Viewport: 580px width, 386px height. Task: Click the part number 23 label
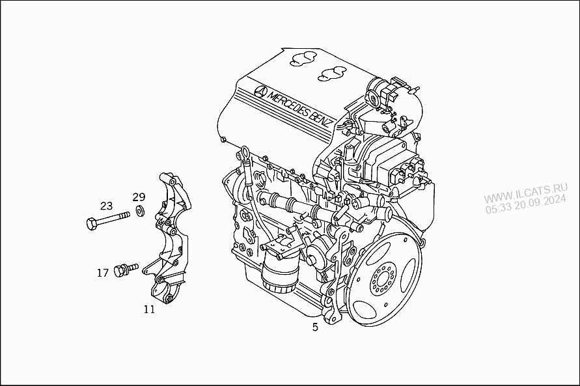[106, 206]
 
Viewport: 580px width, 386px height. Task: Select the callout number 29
[139, 197]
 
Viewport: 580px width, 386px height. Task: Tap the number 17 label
[103, 273]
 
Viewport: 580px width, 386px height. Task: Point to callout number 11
[149, 309]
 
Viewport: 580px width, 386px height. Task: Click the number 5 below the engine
[315, 327]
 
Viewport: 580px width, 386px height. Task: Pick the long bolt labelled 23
[108, 220]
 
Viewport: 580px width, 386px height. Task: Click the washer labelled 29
[140, 211]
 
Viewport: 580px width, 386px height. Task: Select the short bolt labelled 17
[126, 269]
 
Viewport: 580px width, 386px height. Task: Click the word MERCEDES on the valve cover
[288, 102]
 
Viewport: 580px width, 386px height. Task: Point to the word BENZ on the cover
[320, 118]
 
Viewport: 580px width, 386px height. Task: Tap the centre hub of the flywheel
[383, 279]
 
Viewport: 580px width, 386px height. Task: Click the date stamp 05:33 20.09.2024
[526, 204]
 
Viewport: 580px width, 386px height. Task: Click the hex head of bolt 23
[92, 224]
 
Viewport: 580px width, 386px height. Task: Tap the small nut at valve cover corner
[223, 139]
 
